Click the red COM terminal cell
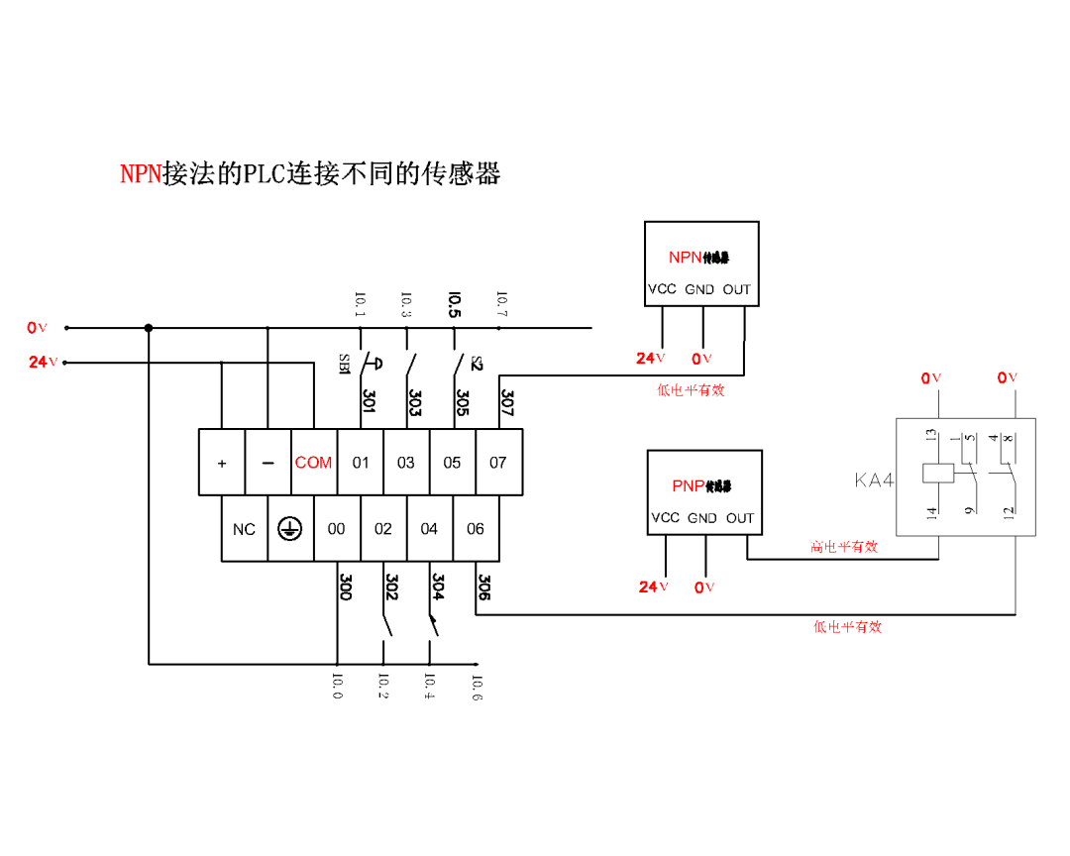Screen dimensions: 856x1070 [x=314, y=463]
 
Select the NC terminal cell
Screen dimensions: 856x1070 [x=244, y=529]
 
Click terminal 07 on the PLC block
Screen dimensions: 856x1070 [x=498, y=463]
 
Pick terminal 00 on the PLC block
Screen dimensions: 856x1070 [x=337, y=529]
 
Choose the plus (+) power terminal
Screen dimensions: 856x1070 [x=222, y=463]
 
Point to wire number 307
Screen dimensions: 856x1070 [x=507, y=401]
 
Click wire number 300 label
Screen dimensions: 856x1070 [x=345, y=587]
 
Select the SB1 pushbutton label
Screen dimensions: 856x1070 [x=345, y=364]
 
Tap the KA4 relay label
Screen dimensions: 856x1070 [x=874, y=481]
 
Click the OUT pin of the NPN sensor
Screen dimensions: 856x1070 [x=736, y=289]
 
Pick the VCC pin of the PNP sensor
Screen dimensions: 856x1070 [x=665, y=518]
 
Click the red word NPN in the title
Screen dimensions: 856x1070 [x=141, y=174]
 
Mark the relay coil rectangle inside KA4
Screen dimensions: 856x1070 [x=937, y=474]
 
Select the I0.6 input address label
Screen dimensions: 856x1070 [x=477, y=688]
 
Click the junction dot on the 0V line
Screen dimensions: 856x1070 [x=149, y=328]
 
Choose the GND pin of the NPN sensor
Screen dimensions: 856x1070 [x=699, y=289]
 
